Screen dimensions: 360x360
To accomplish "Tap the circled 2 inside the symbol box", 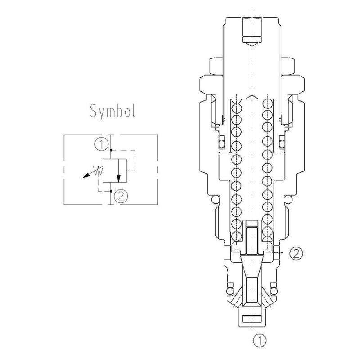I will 120,196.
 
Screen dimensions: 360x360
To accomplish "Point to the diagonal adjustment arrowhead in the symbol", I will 84,177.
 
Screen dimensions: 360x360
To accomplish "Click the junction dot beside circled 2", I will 111,191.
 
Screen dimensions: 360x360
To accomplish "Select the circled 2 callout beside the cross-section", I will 296,253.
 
